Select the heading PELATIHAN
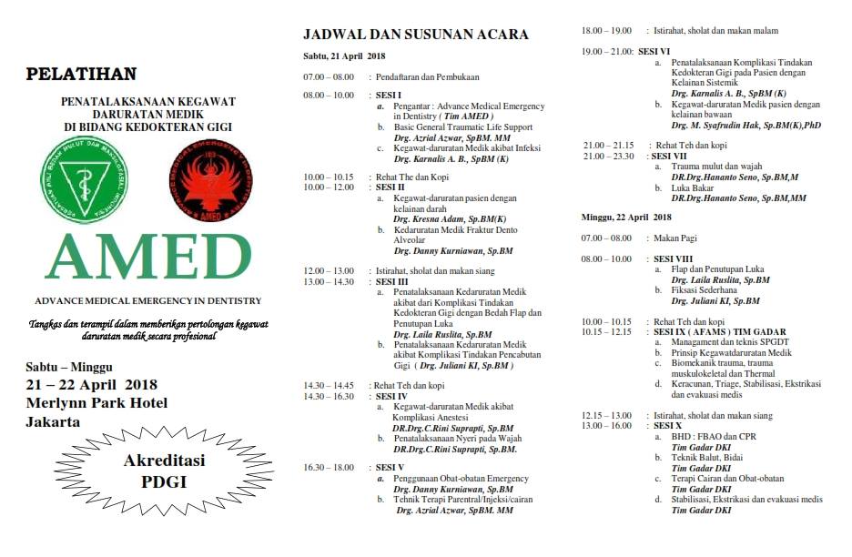tap(81, 74)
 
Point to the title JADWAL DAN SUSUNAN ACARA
tap(415, 35)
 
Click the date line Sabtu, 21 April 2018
tap(345, 56)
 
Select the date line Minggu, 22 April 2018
tap(626, 217)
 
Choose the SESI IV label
tap(392, 396)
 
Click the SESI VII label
tap(668, 156)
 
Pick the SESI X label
tap(666, 426)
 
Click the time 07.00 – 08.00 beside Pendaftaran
tap(329, 77)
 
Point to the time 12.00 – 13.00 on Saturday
tap(329, 271)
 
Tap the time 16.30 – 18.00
tap(329, 467)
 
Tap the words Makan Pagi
tap(674, 238)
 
